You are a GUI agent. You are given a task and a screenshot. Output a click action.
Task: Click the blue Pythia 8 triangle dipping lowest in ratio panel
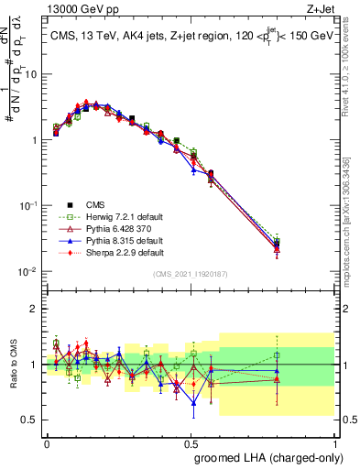pyautogui.click(x=193, y=403)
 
